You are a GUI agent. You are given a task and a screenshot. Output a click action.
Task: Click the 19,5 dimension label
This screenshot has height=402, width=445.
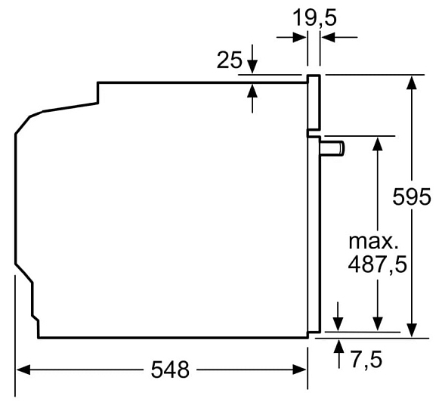(x=314, y=18)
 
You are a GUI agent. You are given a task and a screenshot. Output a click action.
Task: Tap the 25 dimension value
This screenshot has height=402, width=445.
(x=230, y=60)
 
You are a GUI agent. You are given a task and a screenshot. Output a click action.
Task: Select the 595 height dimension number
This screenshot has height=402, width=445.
(x=412, y=196)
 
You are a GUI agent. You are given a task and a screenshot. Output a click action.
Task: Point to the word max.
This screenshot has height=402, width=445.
(x=373, y=242)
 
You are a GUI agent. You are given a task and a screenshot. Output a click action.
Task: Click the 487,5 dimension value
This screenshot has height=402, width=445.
(x=377, y=265)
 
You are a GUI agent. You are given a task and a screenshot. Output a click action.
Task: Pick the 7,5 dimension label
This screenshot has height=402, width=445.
(x=366, y=359)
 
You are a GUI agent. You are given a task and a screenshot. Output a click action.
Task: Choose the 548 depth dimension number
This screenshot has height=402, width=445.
(x=170, y=370)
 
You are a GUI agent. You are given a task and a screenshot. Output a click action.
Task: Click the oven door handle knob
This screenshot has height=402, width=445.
(x=332, y=148)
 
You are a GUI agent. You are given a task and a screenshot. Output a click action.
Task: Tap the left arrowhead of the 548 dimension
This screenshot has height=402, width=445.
(x=23, y=370)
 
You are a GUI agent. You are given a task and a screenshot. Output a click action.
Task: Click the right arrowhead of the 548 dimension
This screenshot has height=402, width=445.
(x=300, y=370)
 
